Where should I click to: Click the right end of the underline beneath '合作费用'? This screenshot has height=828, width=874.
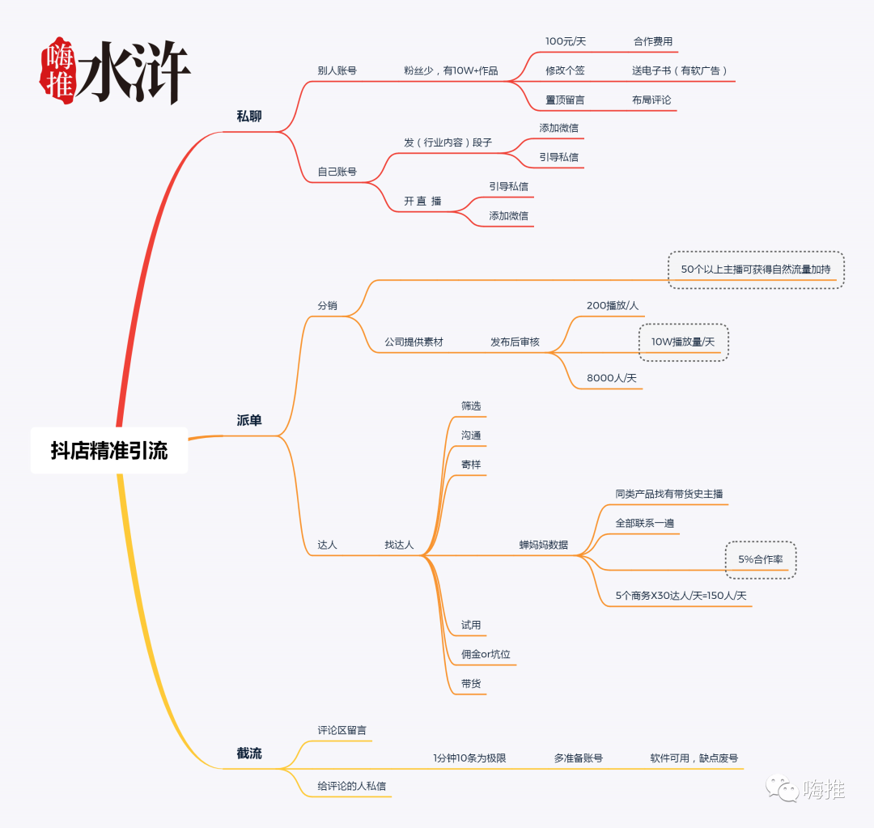click(678, 52)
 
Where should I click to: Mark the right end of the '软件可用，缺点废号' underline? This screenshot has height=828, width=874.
click(744, 769)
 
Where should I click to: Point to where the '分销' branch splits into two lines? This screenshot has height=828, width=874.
click(346, 316)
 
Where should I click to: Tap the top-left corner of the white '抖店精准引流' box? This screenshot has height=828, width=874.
click(32, 427)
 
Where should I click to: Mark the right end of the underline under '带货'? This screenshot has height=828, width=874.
click(486, 694)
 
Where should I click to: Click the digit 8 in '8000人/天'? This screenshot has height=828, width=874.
click(590, 378)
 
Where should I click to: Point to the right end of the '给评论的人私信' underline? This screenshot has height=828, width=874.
click(392, 796)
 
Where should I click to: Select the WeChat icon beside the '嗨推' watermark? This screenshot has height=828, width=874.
click(782, 788)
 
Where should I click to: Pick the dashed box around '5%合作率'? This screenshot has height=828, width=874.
click(760, 560)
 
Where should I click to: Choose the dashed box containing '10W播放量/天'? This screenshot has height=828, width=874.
click(683, 342)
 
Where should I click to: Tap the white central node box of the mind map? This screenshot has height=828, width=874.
click(109, 451)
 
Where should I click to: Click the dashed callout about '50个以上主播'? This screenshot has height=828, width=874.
click(756, 270)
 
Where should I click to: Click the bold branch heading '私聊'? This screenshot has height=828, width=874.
click(249, 116)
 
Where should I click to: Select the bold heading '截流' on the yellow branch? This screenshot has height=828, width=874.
click(249, 754)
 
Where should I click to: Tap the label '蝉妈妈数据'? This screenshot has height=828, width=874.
click(544, 545)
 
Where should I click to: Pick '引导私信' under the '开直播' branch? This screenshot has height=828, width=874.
click(508, 186)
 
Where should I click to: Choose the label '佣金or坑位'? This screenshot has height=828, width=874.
click(486, 654)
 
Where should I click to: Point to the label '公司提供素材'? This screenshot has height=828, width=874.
click(414, 342)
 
